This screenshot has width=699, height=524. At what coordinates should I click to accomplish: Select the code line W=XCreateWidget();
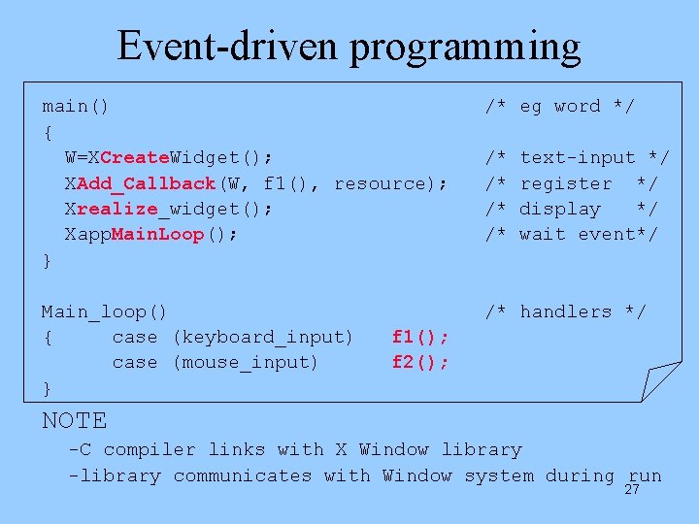[x=169, y=157]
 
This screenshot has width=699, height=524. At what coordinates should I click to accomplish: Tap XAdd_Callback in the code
[x=141, y=183]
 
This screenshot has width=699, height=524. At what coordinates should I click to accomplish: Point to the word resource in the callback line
[x=384, y=183]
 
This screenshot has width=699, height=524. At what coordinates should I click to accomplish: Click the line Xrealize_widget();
[x=169, y=209]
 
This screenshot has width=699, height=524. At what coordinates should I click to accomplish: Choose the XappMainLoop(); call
[x=151, y=234]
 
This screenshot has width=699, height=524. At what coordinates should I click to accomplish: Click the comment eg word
[x=560, y=106]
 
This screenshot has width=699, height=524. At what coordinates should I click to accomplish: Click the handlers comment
[x=566, y=311]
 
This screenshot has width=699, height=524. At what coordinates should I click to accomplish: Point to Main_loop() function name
[x=104, y=311]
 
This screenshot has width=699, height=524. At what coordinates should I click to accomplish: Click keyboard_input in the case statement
[x=263, y=337]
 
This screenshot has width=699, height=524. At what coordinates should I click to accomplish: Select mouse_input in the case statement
[x=246, y=362]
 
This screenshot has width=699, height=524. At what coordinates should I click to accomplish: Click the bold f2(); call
[x=419, y=362]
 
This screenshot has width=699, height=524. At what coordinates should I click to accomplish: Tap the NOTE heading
[x=75, y=420]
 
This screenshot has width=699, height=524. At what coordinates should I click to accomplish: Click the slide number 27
[x=632, y=489]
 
